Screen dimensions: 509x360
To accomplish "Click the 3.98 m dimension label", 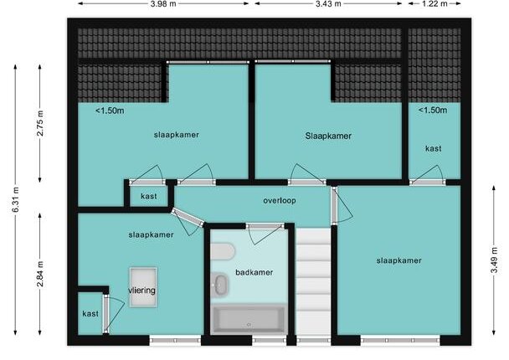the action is pyautogui.click(x=163, y=4).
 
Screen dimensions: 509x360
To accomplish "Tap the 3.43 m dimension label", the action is pyautogui.click(x=328, y=4).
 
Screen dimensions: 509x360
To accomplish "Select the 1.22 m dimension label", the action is pyautogui.click(x=434, y=4).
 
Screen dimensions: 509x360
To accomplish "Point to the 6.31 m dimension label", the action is pyautogui.click(x=16, y=199).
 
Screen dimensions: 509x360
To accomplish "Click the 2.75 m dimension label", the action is pyautogui.click(x=40, y=123).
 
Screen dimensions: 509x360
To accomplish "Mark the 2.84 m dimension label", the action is pyautogui.click(x=40, y=275).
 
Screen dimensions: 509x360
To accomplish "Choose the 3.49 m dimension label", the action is pyautogui.click(x=494, y=260).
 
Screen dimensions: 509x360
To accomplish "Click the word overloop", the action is pyautogui.click(x=280, y=201).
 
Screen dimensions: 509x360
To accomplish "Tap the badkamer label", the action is pyautogui.click(x=254, y=272).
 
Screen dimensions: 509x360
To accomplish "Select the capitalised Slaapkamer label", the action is pyautogui.click(x=328, y=136).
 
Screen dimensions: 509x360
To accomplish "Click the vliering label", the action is pyautogui.click(x=141, y=291).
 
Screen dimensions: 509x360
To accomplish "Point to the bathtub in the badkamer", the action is pyautogui.click(x=249, y=319).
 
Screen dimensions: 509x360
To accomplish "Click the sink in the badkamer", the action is pyautogui.click(x=220, y=285).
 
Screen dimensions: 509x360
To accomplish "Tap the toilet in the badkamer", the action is pyautogui.click(x=223, y=251).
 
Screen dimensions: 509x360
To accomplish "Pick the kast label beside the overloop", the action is pyautogui.click(x=149, y=197).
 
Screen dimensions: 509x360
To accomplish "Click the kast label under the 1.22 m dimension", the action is pyautogui.click(x=434, y=148).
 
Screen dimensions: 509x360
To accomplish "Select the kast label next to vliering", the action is pyautogui.click(x=90, y=314).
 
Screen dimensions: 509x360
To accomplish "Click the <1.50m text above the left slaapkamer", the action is pyautogui.click(x=110, y=111).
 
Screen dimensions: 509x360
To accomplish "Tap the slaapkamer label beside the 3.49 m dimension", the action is pyautogui.click(x=399, y=260).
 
